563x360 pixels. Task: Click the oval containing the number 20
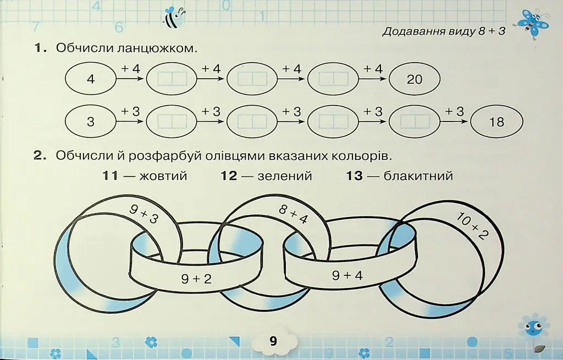(x=415, y=79)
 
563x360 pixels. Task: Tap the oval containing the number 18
(x=496, y=122)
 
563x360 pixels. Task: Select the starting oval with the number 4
(x=91, y=79)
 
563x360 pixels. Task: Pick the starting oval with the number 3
(x=91, y=121)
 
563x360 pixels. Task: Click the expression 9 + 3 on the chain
(x=144, y=214)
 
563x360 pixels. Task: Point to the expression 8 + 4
(x=294, y=214)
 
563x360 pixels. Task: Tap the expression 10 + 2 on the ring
(x=472, y=225)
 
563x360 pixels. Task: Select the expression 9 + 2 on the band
(x=196, y=279)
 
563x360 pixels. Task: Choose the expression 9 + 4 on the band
(x=347, y=275)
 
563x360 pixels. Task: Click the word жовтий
(x=163, y=176)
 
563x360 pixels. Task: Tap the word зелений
(x=285, y=176)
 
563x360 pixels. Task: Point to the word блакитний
(x=418, y=176)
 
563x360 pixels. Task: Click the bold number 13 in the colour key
(x=354, y=176)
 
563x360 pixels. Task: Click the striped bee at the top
(x=175, y=17)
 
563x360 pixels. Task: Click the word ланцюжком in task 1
(x=157, y=48)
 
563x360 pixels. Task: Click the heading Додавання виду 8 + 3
(x=444, y=31)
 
